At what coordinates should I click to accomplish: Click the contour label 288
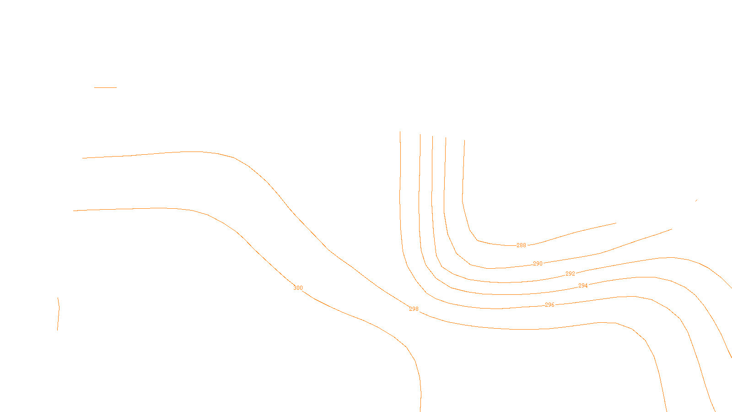click(x=521, y=245)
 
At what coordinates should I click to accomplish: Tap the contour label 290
click(x=538, y=264)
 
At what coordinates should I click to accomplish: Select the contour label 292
click(x=570, y=274)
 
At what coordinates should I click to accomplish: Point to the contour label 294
click(x=583, y=286)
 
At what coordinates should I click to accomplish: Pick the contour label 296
click(x=549, y=305)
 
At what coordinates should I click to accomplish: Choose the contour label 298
click(x=414, y=309)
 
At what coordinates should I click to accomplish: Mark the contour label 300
click(x=298, y=288)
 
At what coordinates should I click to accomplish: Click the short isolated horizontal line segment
click(x=105, y=87)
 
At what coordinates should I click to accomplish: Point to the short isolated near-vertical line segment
click(x=58, y=314)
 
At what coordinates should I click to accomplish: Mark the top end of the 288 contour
click(x=464, y=140)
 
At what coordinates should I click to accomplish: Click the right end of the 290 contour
click(x=672, y=229)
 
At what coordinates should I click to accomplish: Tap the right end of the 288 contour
click(x=616, y=223)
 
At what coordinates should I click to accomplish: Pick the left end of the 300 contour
click(x=73, y=211)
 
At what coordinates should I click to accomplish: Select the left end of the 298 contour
click(x=82, y=158)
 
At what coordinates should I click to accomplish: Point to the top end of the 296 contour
click(x=400, y=132)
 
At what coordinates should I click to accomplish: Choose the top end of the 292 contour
click(x=432, y=136)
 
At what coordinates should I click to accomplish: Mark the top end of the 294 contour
click(x=420, y=134)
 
